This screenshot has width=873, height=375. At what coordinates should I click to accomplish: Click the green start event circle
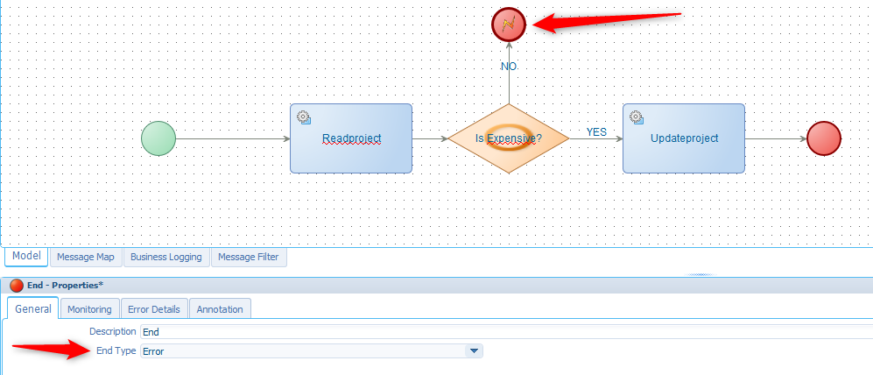point(158,138)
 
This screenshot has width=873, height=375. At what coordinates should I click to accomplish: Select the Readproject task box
point(351,138)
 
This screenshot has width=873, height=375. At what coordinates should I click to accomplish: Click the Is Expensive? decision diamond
point(508,138)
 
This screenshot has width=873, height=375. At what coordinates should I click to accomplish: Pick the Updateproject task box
point(684,138)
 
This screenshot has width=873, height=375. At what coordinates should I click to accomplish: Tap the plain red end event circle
point(823,138)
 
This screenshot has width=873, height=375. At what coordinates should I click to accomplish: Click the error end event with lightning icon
point(509,24)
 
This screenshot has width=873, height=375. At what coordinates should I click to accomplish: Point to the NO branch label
point(509,67)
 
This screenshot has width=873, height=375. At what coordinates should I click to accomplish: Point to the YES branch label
point(596,132)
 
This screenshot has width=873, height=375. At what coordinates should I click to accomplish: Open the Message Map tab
point(86,257)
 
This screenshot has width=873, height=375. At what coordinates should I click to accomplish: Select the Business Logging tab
point(166,257)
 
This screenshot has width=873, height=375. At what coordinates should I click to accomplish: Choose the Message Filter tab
point(250,257)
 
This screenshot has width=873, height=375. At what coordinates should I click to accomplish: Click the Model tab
point(26,256)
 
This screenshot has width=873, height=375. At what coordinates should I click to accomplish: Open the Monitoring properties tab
point(89,309)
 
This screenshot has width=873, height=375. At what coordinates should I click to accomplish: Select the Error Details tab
point(154,309)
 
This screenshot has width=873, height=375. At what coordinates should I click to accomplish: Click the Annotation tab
point(221,309)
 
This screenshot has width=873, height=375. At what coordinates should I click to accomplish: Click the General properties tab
point(33,308)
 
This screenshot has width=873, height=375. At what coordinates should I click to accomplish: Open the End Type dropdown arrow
point(473,351)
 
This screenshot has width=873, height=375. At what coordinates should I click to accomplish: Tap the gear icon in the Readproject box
point(303,117)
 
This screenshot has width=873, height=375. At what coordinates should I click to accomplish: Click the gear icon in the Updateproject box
point(636,117)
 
